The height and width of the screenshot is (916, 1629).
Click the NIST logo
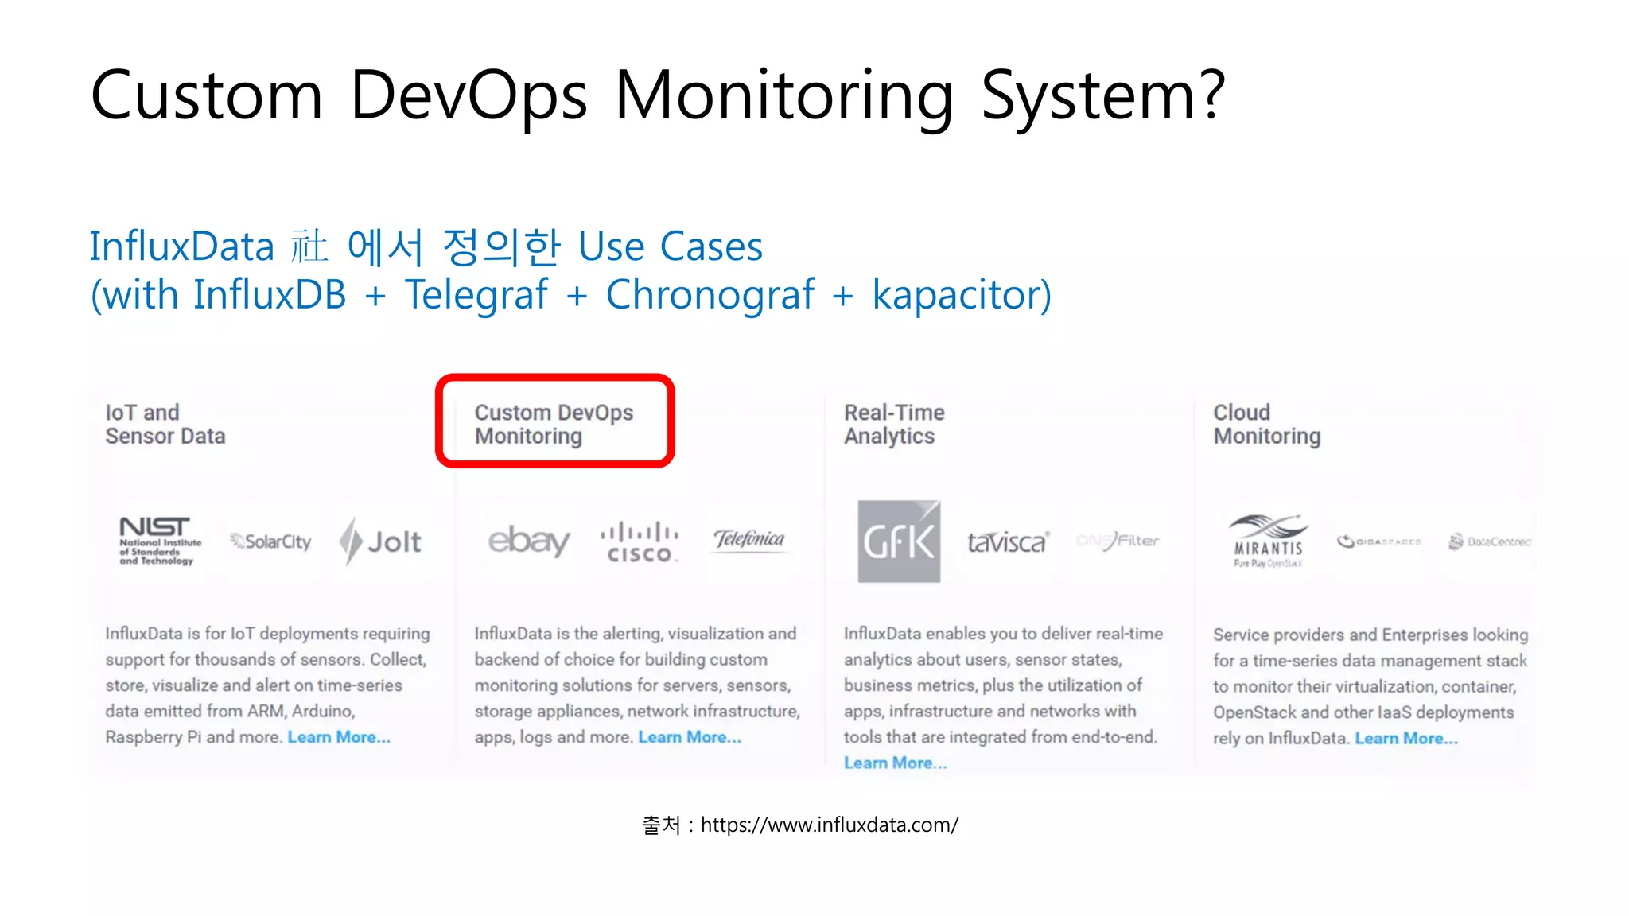click(x=157, y=541)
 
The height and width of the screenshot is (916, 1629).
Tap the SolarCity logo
click(x=271, y=541)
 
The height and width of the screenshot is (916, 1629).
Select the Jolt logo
click(x=380, y=541)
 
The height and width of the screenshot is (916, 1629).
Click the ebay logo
click(x=529, y=541)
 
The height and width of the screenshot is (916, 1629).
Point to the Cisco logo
click(x=640, y=542)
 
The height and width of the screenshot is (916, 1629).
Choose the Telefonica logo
click(x=748, y=540)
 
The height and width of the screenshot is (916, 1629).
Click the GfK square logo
click(x=899, y=541)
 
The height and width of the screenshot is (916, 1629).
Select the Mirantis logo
click(x=1268, y=541)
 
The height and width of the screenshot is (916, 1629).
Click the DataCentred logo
click(x=1490, y=541)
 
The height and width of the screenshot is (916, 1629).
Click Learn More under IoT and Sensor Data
click(x=339, y=737)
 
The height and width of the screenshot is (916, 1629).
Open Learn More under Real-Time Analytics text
click(x=895, y=763)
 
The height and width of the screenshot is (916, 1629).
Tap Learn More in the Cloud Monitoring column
click(x=1405, y=739)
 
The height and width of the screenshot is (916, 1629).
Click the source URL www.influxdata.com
click(x=829, y=825)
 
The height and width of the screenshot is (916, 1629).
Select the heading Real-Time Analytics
click(x=894, y=424)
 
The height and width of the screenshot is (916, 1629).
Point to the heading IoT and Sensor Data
click(x=165, y=424)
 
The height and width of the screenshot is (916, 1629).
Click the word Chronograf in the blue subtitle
click(x=710, y=295)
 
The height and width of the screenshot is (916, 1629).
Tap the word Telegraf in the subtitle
click(x=476, y=295)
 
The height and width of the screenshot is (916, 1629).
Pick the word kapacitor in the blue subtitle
click(x=961, y=295)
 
